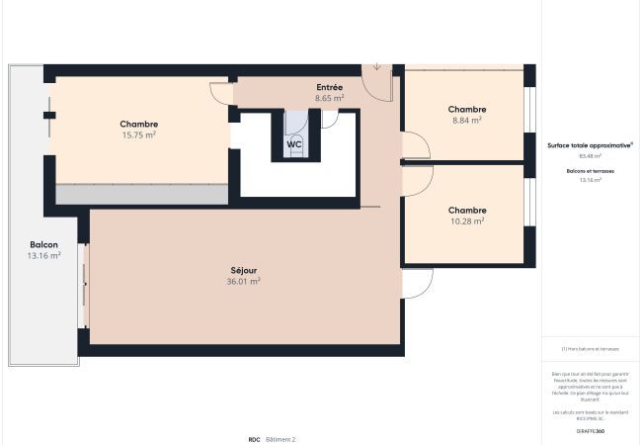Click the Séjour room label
click(244, 270)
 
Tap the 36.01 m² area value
click(244, 282)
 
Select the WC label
click(294, 143)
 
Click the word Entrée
click(330, 88)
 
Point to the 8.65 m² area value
click(330, 99)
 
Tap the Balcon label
click(43, 244)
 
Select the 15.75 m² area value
click(139, 134)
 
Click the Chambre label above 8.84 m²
click(466, 109)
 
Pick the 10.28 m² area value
click(466, 222)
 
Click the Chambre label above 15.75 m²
click(139, 124)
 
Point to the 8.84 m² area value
click(466, 120)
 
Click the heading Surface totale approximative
click(590, 144)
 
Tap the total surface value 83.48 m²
click(590, 155)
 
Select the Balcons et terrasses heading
click(590, 171)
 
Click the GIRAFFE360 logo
click(590, 431)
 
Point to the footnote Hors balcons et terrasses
click(590, 348)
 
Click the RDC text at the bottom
click(254, 438)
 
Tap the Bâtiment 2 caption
click(280, 438)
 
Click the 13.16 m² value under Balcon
click(43, 255)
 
